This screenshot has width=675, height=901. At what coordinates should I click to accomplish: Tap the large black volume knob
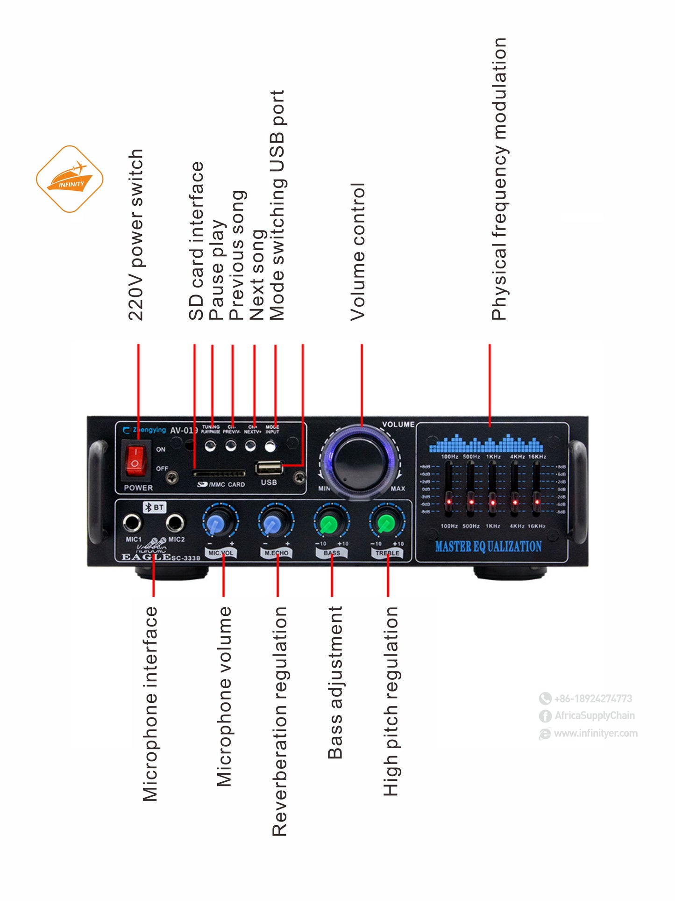[x=359, y=461]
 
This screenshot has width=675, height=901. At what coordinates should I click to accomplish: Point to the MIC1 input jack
[x=132, y=522]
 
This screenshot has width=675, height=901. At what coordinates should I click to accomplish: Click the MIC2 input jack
[x=176, y=522]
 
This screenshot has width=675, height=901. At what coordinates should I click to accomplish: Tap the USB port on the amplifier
[x=269, y=468]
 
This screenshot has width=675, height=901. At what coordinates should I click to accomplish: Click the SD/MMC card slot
[x=220, y=474]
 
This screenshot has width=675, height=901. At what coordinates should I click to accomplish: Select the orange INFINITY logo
[x=70, y=179]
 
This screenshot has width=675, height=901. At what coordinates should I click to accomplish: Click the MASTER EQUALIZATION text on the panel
[x=488, y=547]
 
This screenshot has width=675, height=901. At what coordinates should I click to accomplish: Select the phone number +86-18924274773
[x=592, y=699]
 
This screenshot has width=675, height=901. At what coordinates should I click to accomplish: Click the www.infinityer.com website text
[x=595, y=733]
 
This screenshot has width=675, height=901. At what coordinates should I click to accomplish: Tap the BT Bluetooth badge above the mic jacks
[x=155, y=507]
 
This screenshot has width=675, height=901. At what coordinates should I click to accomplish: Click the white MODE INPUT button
[x=270, y=447]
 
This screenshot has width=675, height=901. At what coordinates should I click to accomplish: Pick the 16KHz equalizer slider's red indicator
[x=537, y=502]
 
